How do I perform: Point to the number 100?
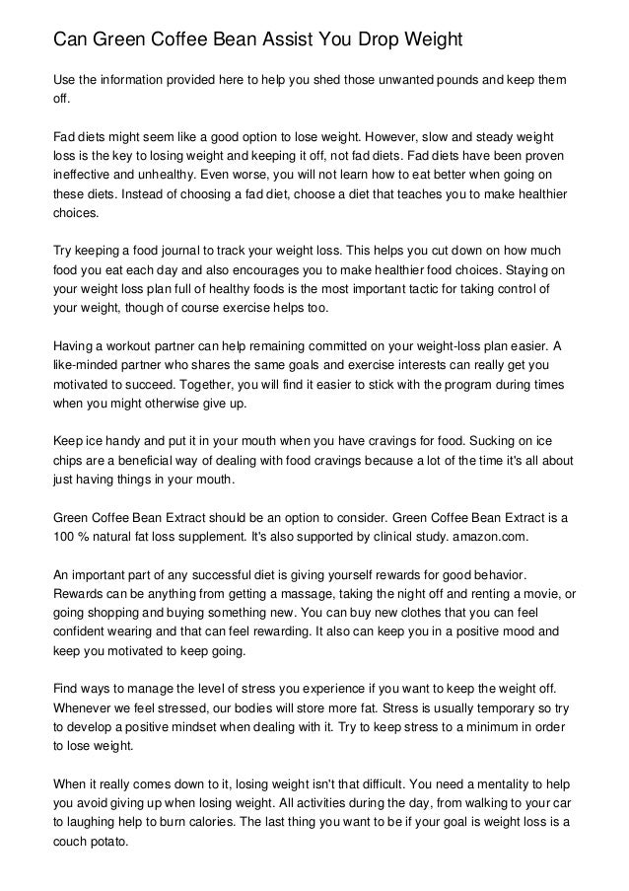click(63, 537)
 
